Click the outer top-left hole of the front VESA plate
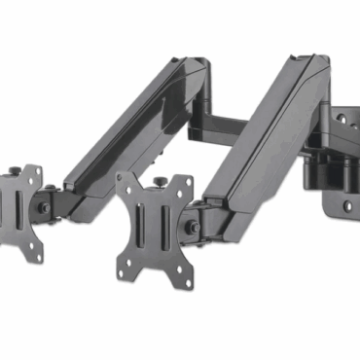coord(124,182)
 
